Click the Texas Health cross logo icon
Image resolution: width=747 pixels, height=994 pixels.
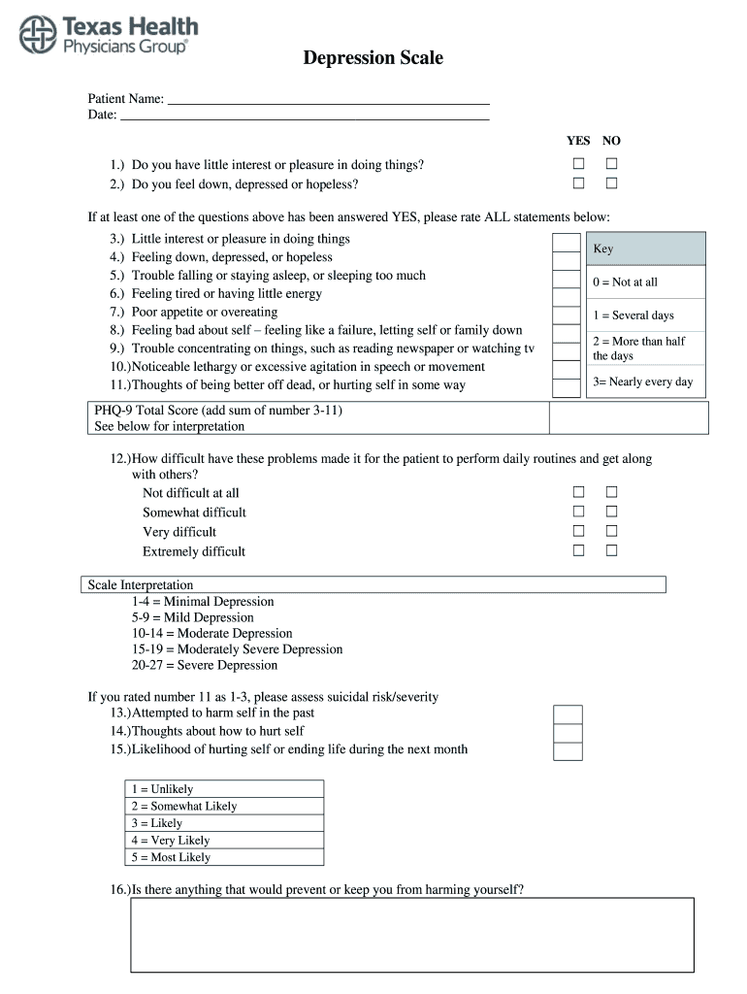[38, 35]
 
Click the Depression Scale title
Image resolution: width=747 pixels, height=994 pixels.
[373, 58]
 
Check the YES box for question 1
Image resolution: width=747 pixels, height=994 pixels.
[579, 165]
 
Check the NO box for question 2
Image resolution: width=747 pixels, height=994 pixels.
[612, 183]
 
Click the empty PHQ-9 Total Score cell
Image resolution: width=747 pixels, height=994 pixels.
[629, 417]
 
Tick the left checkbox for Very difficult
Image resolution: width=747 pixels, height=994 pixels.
[579, 531]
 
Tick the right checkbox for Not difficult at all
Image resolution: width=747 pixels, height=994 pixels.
[612, 492]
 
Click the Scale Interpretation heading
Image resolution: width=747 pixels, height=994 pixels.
[141, 584]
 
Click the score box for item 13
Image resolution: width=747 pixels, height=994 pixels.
[568, 714]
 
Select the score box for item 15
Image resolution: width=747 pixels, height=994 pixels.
[568, 750]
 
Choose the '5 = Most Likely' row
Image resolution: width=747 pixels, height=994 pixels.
[224, 857]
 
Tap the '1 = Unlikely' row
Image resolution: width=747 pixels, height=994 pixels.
[224, 789]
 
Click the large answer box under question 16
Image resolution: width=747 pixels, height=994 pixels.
[412, 934]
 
